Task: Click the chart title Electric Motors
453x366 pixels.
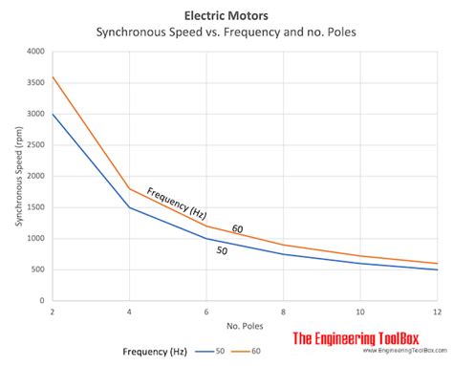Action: (x=226, y=15)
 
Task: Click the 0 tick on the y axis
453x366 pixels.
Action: (x=44, y=300)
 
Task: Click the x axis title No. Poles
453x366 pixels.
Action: (x=244, y=325)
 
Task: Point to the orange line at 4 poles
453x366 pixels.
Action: (x=128, y=189)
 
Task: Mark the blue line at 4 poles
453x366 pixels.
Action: (x=128, y=207)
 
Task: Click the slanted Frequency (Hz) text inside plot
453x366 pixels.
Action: (x=176, y=203)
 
